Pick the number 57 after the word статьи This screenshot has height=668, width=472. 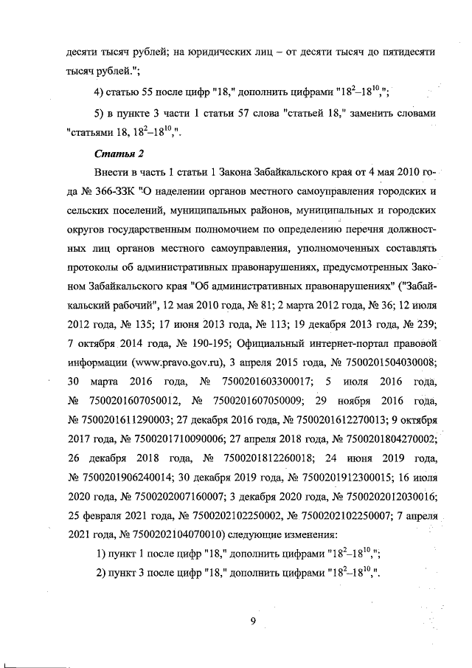coord(246,114)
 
